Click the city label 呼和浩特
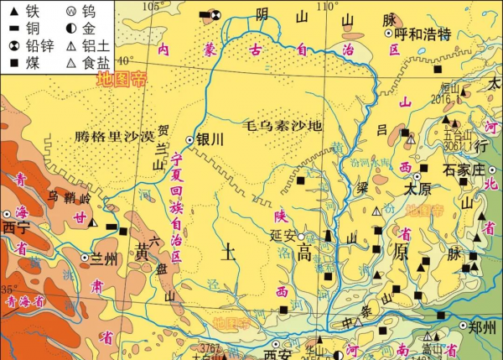(423, 34)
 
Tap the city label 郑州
(484, 328)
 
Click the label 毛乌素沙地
(283, 126)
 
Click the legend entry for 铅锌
(33, 44)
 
